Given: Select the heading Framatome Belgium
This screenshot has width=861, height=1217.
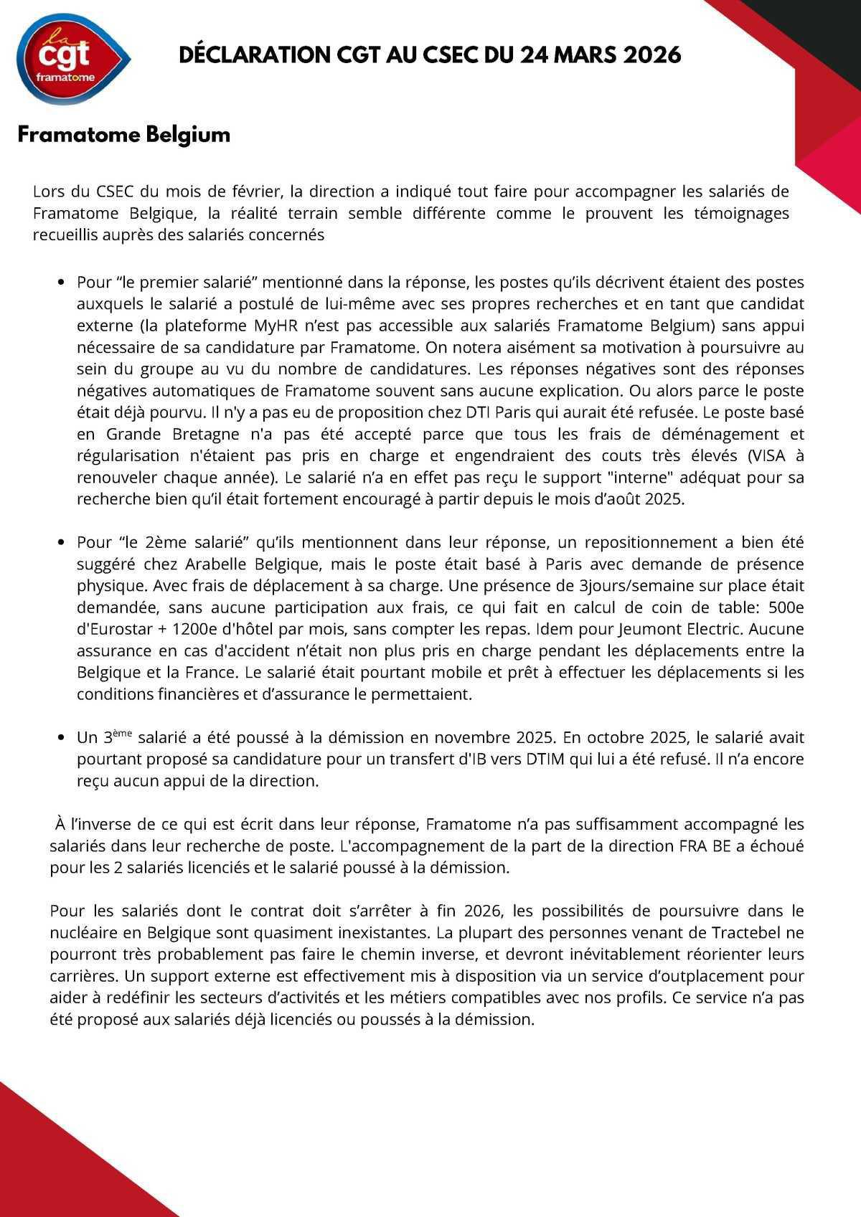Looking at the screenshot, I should tap(123, 135).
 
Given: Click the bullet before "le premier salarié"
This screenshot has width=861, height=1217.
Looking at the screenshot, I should tap(61, 283).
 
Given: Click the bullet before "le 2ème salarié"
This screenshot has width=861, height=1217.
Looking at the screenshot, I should tap(61, 543).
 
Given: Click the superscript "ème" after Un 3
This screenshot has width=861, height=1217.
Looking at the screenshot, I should tap(123, 734).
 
